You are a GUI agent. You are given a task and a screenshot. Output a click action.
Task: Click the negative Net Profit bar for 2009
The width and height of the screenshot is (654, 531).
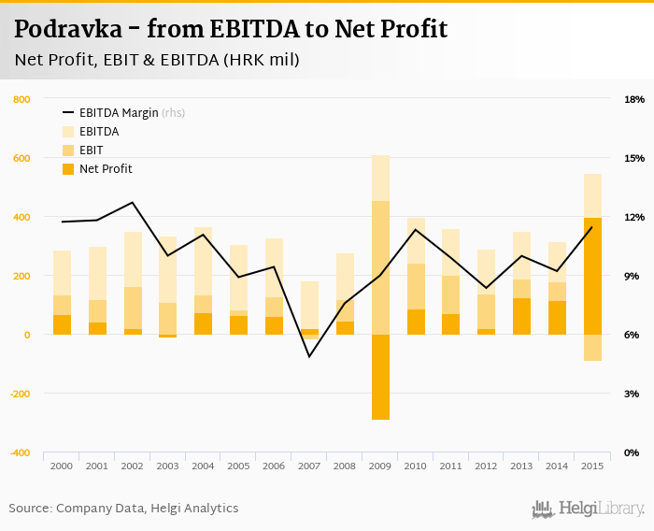point(380,377)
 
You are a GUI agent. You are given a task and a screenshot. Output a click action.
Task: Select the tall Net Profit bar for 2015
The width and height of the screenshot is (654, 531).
point(592,276)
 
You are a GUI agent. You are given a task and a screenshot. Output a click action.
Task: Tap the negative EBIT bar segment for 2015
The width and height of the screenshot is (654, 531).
point(592,347)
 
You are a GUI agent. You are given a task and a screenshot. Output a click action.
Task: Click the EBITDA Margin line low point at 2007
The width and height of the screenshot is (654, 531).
point(309,356)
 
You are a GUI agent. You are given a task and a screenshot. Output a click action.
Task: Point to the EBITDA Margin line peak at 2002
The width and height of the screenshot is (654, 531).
point(133,203)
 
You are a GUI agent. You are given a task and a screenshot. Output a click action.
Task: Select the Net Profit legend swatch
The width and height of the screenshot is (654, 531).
point(68,169)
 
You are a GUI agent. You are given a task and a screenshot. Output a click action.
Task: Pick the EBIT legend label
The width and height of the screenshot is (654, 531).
point(92,151)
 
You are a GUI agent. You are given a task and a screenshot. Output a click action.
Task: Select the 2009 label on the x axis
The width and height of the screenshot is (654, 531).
point(380,466)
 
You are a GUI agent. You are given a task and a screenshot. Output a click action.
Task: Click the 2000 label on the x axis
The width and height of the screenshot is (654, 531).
point(62,466)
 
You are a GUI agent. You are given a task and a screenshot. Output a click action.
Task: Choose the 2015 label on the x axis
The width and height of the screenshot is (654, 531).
point(592,466)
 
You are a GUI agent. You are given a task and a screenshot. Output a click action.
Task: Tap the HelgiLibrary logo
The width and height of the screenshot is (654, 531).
point(589,509)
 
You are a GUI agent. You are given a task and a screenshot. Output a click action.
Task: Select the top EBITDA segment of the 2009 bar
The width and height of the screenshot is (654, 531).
point(380,178)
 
